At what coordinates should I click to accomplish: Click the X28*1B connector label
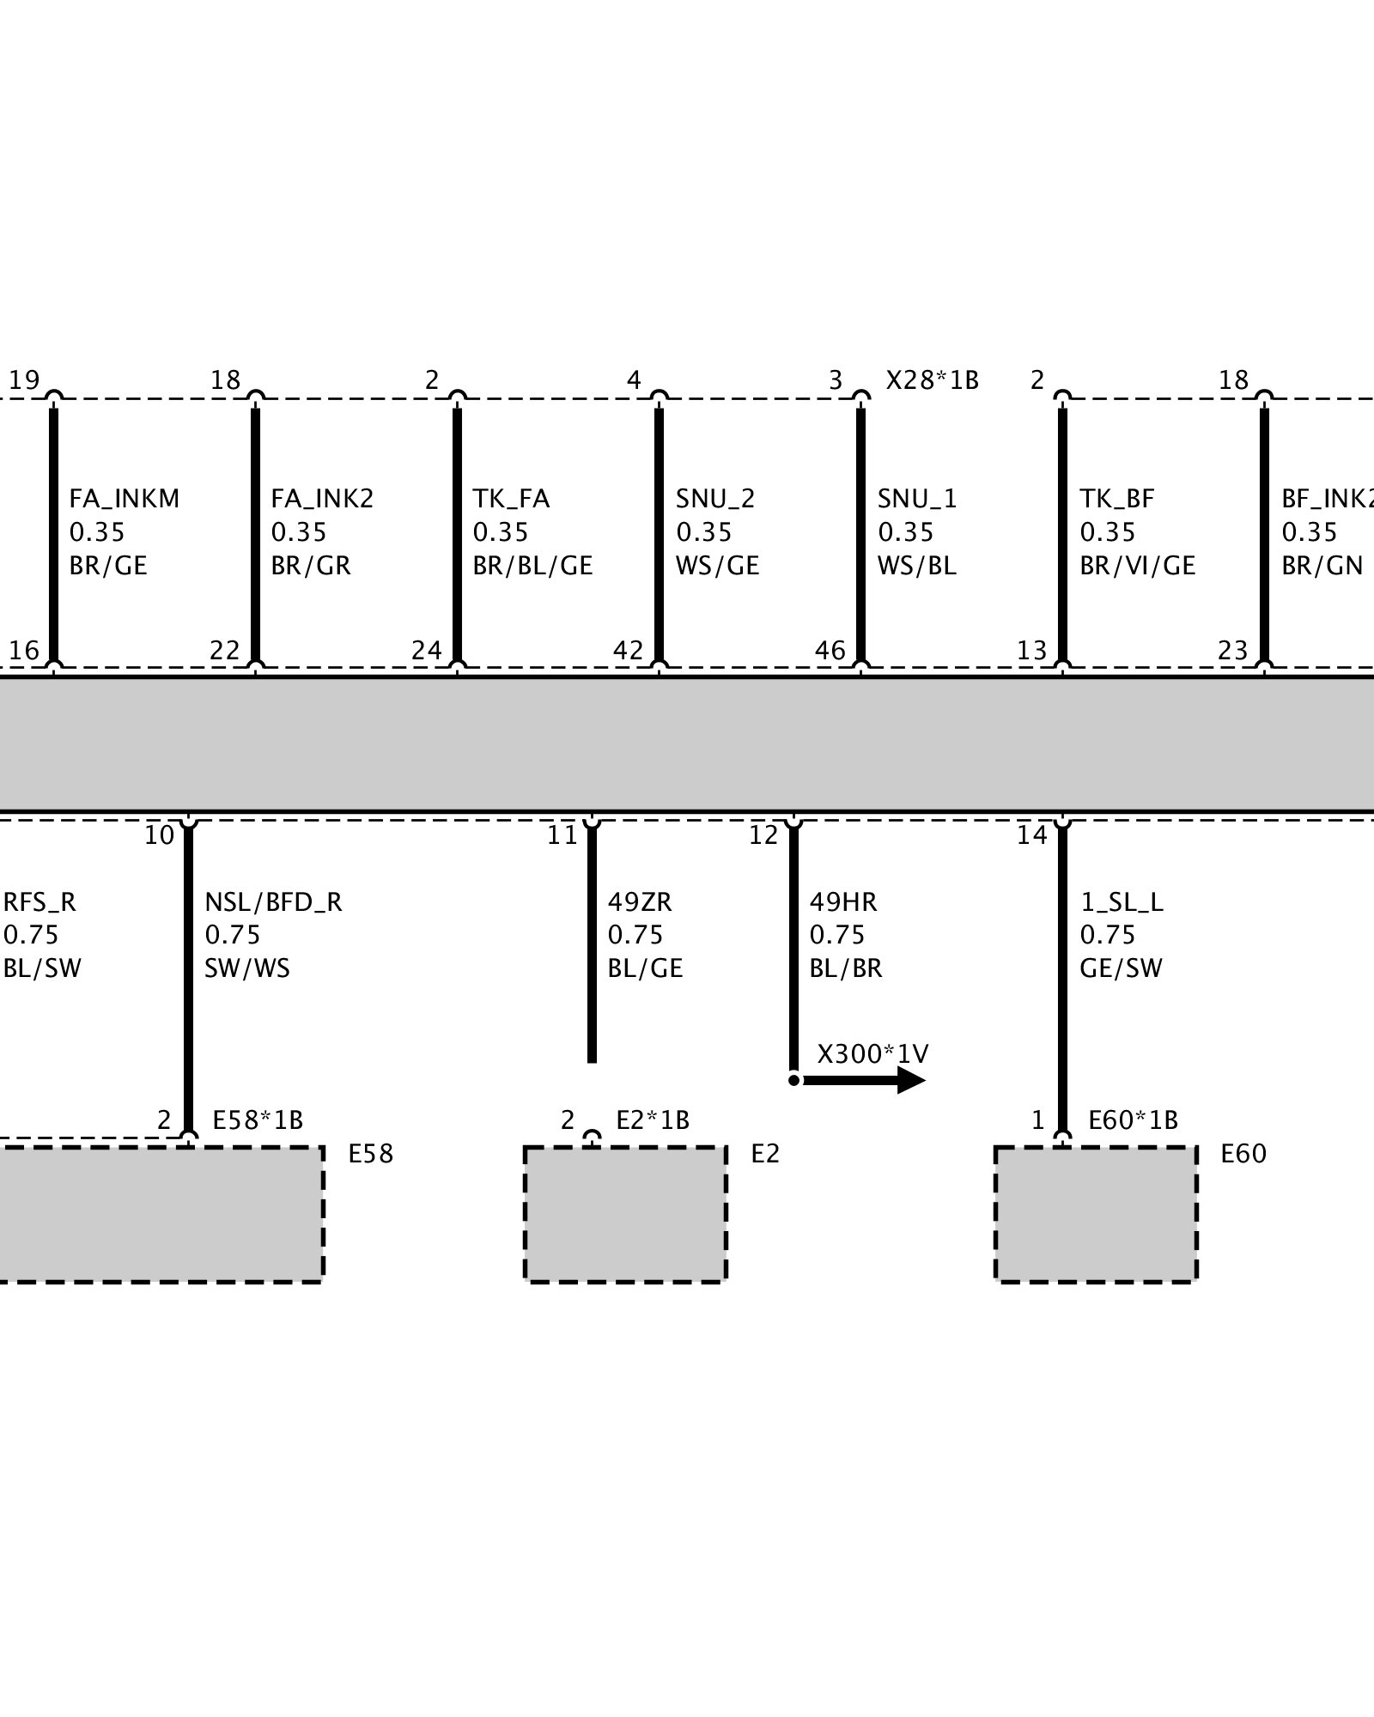point(932,380)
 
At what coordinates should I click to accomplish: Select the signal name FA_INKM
point(125,499)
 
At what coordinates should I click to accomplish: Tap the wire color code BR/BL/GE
point(532,566)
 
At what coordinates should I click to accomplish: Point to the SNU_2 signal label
point(715,499)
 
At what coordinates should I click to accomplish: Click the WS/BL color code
point(916,566)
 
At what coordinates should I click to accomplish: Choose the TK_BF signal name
point(1116,499)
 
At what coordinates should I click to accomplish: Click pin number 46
point(830,651)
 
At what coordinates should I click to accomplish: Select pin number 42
point(628,651)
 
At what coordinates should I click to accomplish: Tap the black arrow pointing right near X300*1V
point(867,1080)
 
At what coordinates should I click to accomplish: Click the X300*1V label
point(872,1053)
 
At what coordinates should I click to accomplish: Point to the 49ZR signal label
point(640,902)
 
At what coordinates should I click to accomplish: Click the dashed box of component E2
point(625,1214)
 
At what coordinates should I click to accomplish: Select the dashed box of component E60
point(1096,1214)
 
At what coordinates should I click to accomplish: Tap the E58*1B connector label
point(258,1120)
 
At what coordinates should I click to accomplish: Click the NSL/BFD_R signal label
point(273,902)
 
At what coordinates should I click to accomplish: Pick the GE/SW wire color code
point(1121,968)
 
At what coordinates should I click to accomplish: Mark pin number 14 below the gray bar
point(1031,835)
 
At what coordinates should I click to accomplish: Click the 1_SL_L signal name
point(1121,902)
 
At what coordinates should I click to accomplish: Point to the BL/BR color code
point(846,968)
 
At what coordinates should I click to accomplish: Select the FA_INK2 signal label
point(322,499)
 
